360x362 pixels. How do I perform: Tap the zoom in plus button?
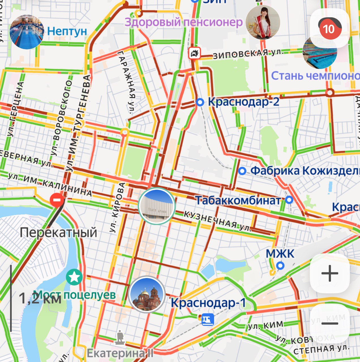[330, 273]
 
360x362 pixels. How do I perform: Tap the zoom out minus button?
[330, 324]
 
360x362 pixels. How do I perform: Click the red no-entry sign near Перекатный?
[57, 200]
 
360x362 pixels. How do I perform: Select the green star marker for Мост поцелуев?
[74, 277]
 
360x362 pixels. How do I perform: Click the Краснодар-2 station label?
[243, 102]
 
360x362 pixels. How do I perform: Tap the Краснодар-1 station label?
[208, 303]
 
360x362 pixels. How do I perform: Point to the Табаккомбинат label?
[238, 201]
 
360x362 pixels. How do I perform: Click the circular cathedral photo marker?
[147, 294]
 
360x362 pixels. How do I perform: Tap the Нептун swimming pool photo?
[27, 32]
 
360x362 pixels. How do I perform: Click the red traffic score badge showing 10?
[329, 29]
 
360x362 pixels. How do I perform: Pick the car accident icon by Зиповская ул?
[195, 53]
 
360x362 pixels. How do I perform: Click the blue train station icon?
[208, 320]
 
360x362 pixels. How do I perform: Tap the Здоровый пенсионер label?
[184, 22]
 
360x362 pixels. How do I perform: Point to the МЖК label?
[280, 253]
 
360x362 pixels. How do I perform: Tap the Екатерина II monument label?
[120, 353]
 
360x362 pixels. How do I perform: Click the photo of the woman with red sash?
[263, 22]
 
